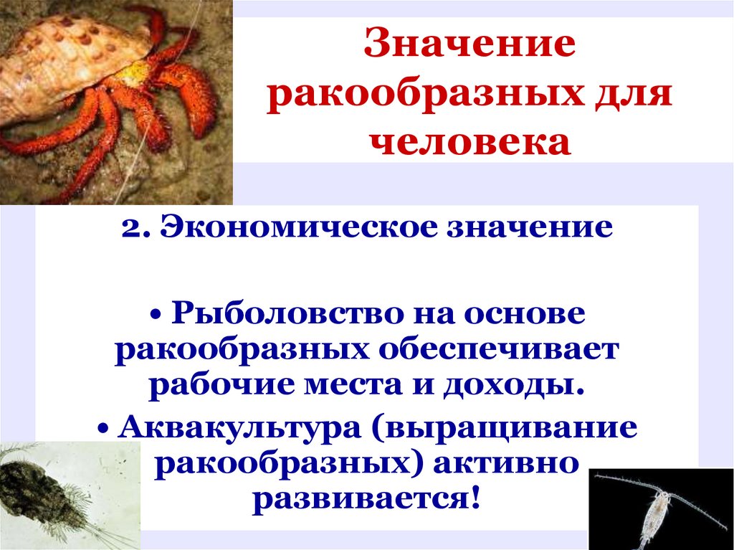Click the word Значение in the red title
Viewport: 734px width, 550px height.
pyautogui.click(x=470, y=47)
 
